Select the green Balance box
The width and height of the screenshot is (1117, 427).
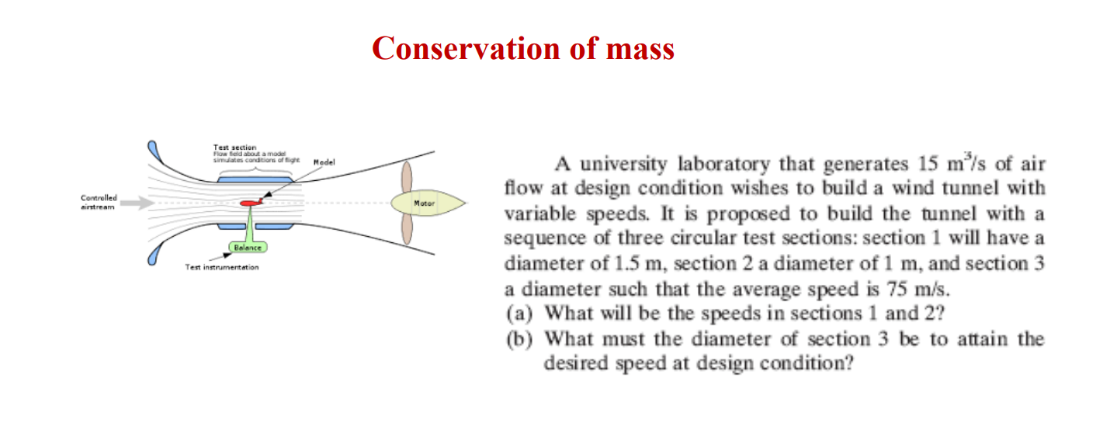pyautogui.click(x=248, y=247)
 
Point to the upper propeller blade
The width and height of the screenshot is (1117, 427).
pyautogui.click(x=405, y=177)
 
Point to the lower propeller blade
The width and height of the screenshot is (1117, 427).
pyautogui.click(x=405, y=228)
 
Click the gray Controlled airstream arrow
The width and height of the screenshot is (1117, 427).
pyautogui.click(x=137, y=203)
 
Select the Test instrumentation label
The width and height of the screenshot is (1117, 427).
pyautogui.click(x=222, y=267)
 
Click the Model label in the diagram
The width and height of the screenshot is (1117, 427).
pyautogui.click(x=324, y=163)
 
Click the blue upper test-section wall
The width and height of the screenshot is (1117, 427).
pyautogui.click(x=255, y=179)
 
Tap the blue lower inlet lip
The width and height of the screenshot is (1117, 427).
pyautogui.click(x=152, y=255)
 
